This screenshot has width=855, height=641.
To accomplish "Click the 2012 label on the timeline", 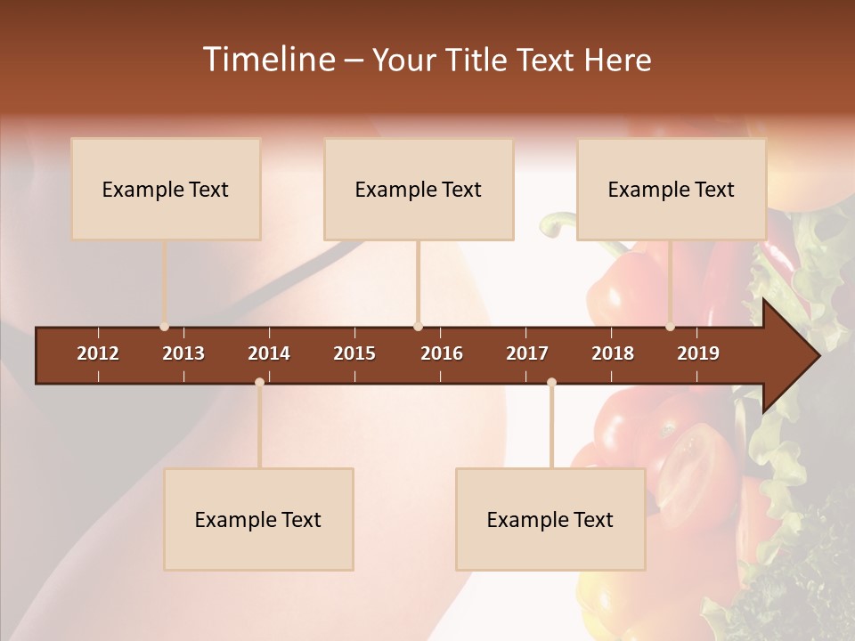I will [x=98, y=353].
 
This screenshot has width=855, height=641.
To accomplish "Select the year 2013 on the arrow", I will [x=183, y=353].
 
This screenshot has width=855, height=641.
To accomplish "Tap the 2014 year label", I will [x=269, y=353].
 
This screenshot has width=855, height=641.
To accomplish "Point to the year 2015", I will [x=354, y=353].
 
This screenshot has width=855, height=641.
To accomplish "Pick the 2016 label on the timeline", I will [x=442, y=353].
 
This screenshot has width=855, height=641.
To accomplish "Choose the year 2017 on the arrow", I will [x=527, y=353].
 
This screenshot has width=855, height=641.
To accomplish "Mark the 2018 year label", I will [x=613, y=353].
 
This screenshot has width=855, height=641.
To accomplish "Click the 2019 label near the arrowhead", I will [x=698, y=353].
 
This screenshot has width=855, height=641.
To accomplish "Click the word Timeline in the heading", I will [x=268, y=60].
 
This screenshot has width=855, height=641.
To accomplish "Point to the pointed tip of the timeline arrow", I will [x=818, y=356].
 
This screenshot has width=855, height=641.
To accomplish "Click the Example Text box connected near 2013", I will [x=166, y=189].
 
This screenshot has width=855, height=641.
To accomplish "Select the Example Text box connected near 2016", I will [x=419, y=189].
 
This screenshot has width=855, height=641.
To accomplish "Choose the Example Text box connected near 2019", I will [x=672, y=189].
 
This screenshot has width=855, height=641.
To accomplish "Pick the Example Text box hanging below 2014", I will [x=258, y=519].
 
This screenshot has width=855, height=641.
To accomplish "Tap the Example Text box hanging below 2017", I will [x=550, y=519].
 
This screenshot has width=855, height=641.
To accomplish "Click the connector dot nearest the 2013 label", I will [x=165, y=327].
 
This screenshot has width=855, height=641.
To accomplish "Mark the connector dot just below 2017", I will [x=551, y=383].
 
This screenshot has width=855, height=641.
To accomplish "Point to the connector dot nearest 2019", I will [x=671, y=327].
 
